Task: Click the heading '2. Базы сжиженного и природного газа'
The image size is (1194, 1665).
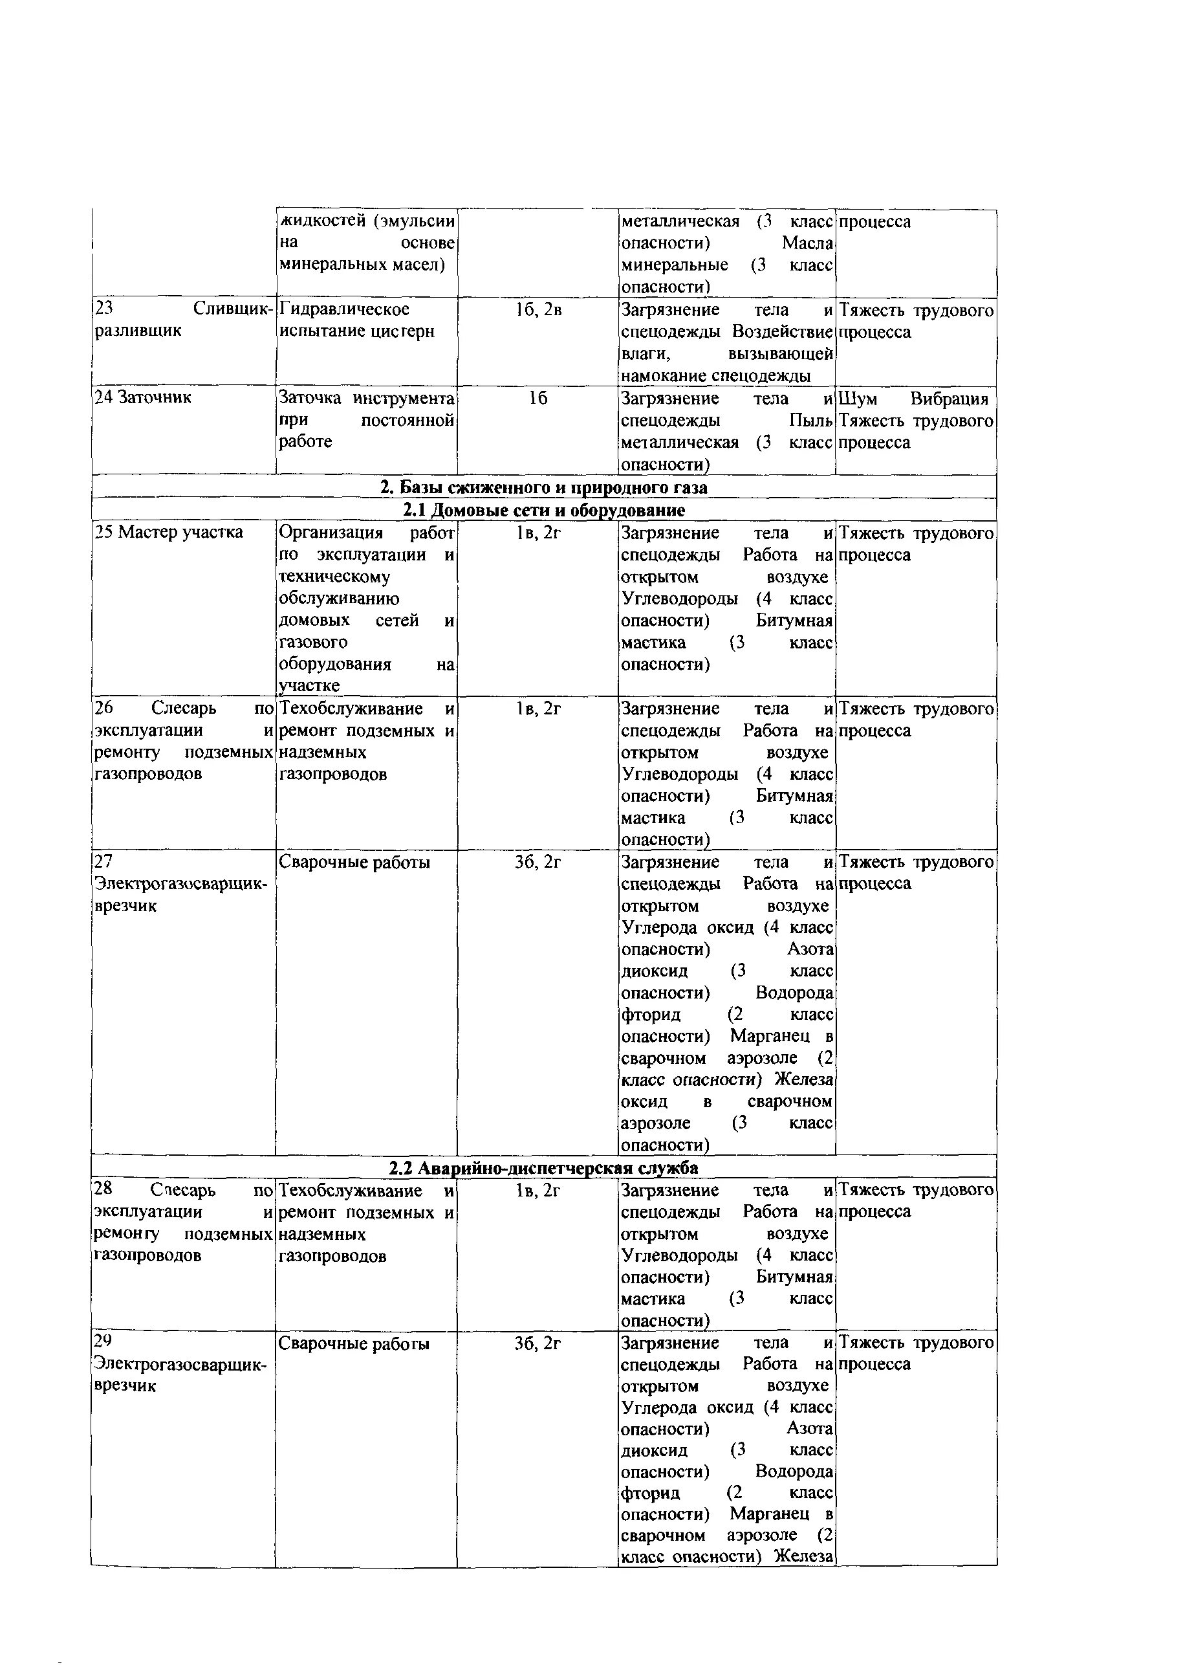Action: click(x=544, y=487)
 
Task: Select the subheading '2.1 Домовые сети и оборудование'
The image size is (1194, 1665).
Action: click(x=544, y=509)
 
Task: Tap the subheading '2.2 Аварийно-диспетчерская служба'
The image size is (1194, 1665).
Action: click(x=543, y=1167)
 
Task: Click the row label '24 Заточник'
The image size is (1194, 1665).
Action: click(x=143, y=397)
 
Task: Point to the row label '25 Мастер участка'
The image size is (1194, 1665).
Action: click(x=169, y=531)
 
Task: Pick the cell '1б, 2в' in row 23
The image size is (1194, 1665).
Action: click(x=538, y=310)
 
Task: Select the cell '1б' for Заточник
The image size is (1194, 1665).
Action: click(x=538, y=398)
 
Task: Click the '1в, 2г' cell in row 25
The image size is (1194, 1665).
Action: click(x=538, y=532)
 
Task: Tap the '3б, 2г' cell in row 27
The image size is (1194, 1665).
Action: click(x=538, y=862)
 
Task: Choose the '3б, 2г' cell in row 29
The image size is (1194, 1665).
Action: click(x=538, y=1343)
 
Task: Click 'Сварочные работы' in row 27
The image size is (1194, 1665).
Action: click(x=354, y=862)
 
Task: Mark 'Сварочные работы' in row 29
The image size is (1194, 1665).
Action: click(x=354, y=1343)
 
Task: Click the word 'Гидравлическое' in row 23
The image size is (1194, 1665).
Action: click(x=344, y=309)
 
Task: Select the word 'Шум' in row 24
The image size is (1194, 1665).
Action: click(x=858, y=399)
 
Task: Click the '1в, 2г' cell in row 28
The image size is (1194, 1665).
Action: click(x=538, y=1190)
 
